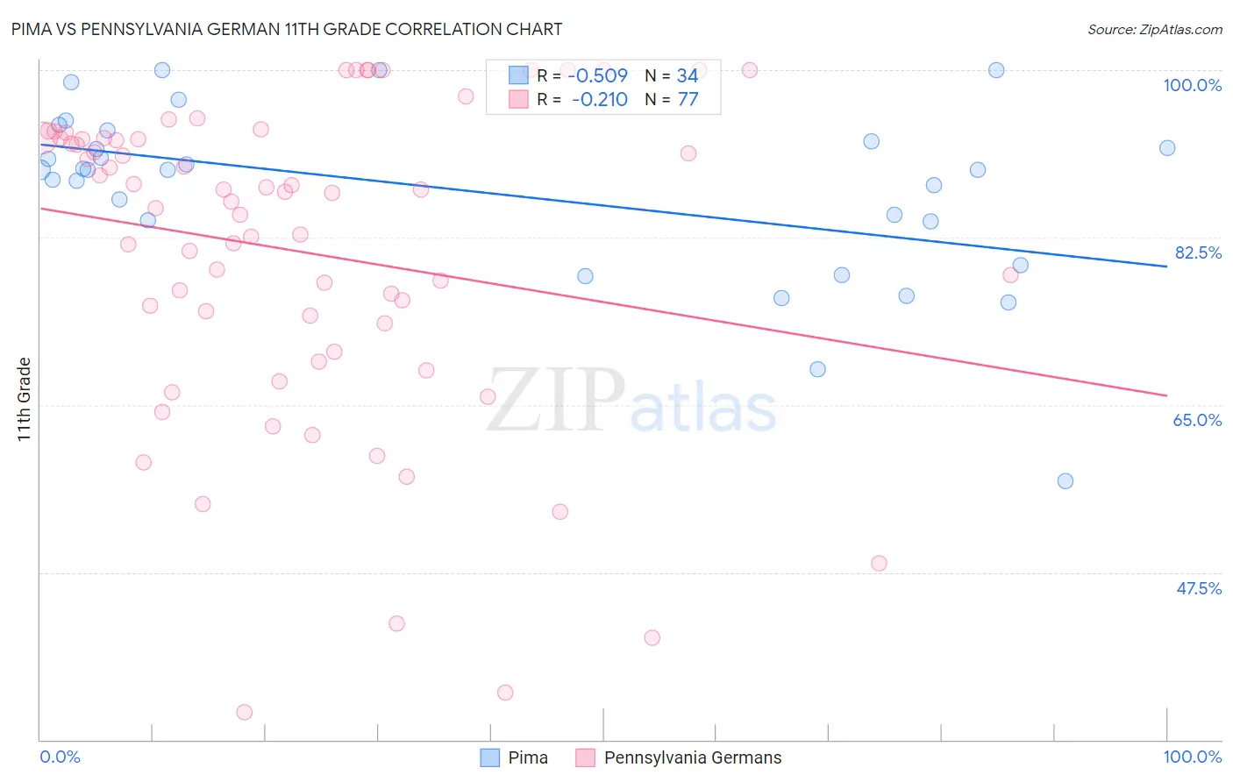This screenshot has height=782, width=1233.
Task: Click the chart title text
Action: [x=286, y=29]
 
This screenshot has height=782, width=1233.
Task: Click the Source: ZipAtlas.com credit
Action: [x=1154, y=29]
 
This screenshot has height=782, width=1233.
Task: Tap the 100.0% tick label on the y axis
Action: [x=1192, y=85]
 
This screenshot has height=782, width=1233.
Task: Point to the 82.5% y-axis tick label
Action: [x=1197, y=252]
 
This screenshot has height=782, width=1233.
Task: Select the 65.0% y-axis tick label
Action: [x=1197, y=420]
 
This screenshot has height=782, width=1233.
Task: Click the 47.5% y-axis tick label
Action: [x=1198, y=588]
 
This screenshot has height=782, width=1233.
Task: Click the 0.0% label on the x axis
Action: [x=60, y=757]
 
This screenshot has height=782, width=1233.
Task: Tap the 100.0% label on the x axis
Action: [x=1192, y=757]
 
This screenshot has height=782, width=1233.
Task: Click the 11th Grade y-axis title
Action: [x=25, y=399]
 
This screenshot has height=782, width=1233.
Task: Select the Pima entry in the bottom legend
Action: [x=527, y=757]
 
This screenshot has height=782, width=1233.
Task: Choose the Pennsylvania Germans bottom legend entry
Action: [x=692, y=757]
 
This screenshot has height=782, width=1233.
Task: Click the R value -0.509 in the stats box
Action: [x=598, y=75]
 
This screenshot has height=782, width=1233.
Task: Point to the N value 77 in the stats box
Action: [x=688, y=100]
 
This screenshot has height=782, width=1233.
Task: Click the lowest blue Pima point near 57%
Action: [x=1065, y=480]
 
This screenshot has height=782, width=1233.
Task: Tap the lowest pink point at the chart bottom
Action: [x=245, y=712]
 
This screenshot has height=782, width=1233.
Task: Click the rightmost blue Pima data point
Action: [x=1166, y=148]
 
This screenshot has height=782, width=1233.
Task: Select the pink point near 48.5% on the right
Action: [x=879, y=563]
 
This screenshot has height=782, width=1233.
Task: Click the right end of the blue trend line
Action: [x=1166, y=266]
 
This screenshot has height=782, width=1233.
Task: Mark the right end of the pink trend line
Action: [x=1166, y=395]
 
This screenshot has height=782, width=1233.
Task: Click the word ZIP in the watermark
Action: [x=555, y=401]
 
